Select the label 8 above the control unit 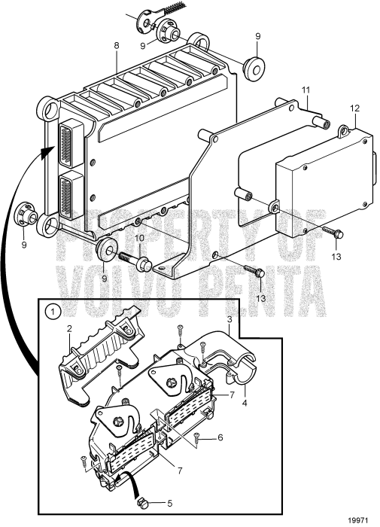click(x=117, y=46)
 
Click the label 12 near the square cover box click(x=354, y=108)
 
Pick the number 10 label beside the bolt click(x=138, y=239)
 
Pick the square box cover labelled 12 click(x=324, y=181)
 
